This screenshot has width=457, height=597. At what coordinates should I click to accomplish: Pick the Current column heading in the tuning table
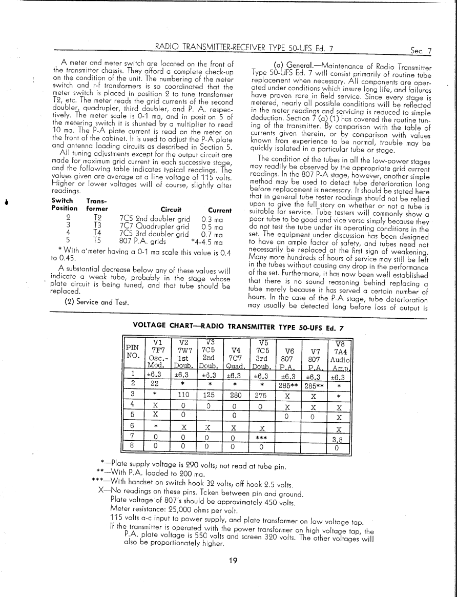[220, 210]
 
